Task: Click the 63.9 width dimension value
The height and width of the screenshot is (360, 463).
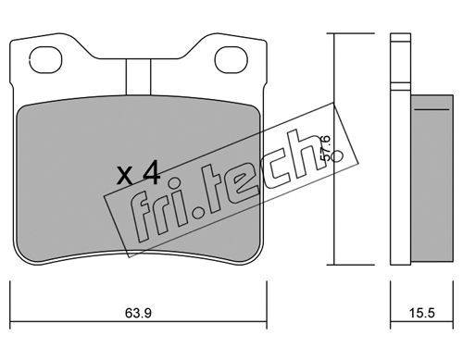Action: point(138,313)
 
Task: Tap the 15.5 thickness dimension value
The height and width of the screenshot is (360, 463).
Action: point(422,313)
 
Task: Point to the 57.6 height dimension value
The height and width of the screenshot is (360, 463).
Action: point(325,148)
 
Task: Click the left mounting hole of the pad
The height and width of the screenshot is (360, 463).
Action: point(45,60)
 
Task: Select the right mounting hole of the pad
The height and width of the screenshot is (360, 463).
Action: point(231,60)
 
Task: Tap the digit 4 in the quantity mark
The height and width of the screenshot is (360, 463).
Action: point(151,174)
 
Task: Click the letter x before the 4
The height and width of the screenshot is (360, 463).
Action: point(126,176)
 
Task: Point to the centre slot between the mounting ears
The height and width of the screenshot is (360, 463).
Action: point(138,77)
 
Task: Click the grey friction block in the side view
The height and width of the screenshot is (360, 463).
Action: point(432,180)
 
